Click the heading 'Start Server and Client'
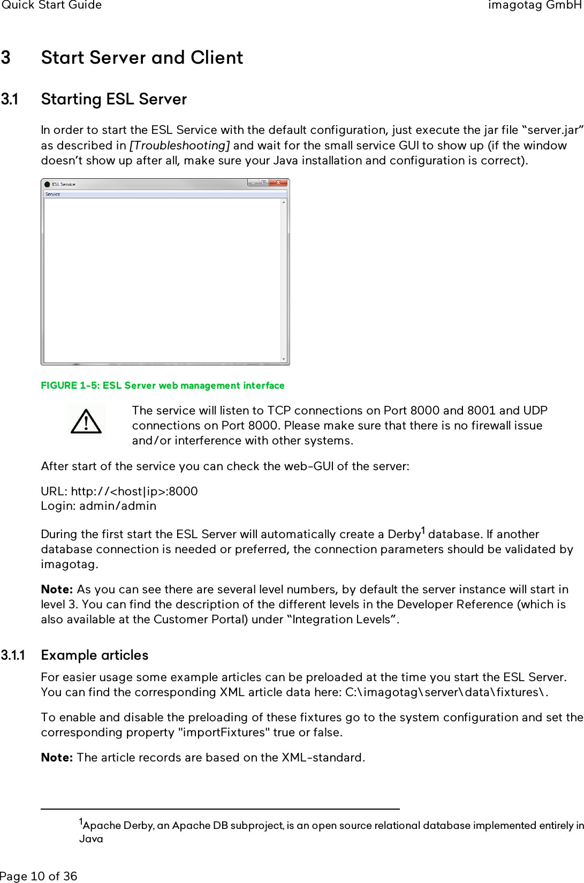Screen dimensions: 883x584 [142, 57]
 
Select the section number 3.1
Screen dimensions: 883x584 [10, 99]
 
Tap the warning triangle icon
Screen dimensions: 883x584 [86, 421]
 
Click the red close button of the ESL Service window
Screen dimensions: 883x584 [278, 183]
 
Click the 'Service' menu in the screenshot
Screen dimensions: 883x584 [52, 194]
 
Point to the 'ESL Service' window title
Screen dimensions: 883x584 [63, 184]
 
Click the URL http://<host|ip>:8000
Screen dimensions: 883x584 [134, 491]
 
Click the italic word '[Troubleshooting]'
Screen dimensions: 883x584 [180, 145]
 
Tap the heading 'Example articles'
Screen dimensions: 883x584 [95, 655]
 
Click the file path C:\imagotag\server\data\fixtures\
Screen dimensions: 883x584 [446, 692]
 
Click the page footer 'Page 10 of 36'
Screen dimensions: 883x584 [39, 876]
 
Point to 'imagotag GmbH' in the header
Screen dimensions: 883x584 [534, 5]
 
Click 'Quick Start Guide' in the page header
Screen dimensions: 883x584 [51, 5]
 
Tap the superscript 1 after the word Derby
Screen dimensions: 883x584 [423, 531]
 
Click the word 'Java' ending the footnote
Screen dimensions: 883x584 [91, 839]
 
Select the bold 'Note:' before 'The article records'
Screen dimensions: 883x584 [57, 757]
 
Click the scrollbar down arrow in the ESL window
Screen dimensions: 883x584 [284, 359]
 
